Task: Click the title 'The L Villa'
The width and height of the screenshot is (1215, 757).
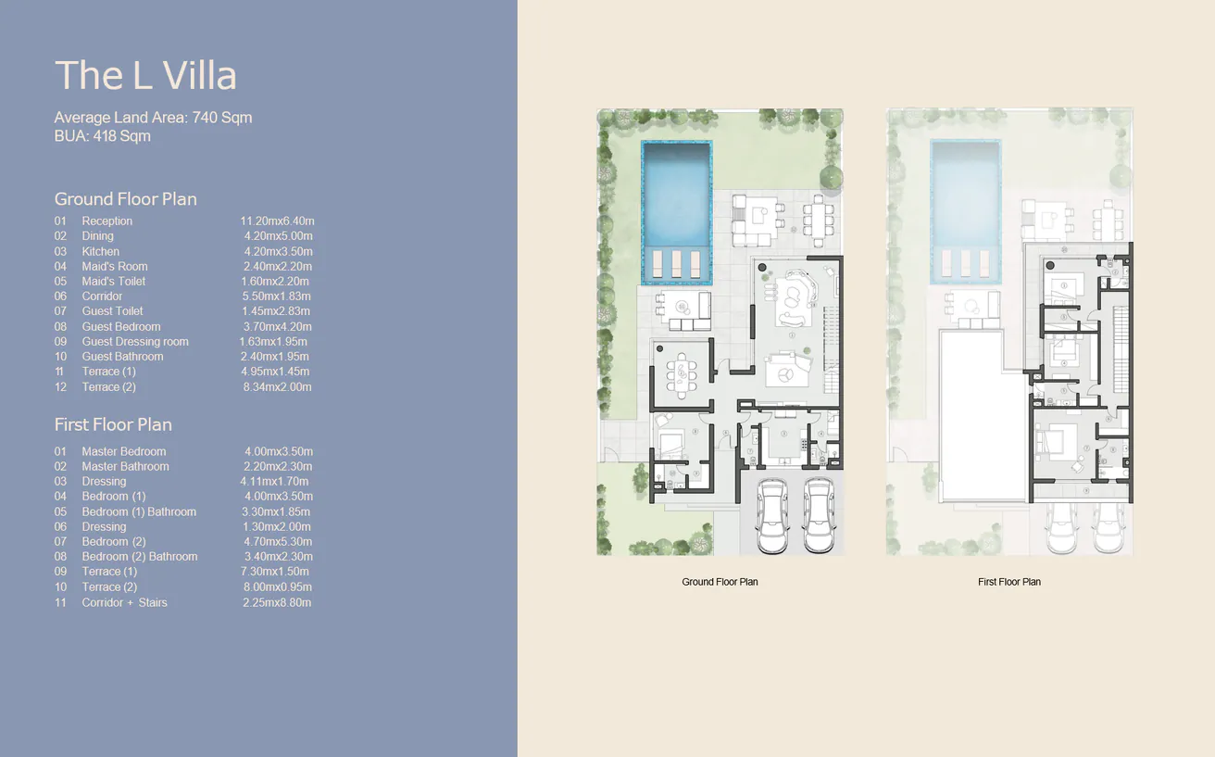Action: [145, 76]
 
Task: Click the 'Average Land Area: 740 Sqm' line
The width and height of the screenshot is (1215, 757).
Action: [153, 118]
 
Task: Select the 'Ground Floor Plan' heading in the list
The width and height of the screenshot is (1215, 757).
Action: [125, 199]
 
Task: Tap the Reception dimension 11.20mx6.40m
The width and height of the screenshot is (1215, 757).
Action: [277, 221]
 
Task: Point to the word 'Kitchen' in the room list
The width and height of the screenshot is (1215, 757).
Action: [100, 251]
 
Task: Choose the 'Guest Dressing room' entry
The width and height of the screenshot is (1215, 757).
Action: [135, 342]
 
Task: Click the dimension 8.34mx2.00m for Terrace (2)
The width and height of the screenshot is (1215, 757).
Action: [276, 387]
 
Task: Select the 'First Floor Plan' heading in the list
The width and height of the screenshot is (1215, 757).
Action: [113, 425]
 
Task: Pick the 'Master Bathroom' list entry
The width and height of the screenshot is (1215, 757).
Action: [125, 467]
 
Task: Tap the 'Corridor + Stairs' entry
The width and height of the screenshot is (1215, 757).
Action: [124, 602]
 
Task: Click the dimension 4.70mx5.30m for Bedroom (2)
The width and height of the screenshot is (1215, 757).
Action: [277, 542]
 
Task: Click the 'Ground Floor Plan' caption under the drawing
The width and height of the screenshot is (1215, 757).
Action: [720, 582]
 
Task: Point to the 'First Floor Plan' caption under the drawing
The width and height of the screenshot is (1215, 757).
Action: [1008, 582]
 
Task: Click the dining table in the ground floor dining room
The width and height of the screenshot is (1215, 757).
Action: [683, 374]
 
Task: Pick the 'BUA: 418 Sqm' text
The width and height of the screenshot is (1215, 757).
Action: [102, 136]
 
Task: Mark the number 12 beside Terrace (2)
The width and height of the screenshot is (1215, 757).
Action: [60, 387]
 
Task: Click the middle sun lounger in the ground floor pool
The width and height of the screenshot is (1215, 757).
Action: [676, 263]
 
